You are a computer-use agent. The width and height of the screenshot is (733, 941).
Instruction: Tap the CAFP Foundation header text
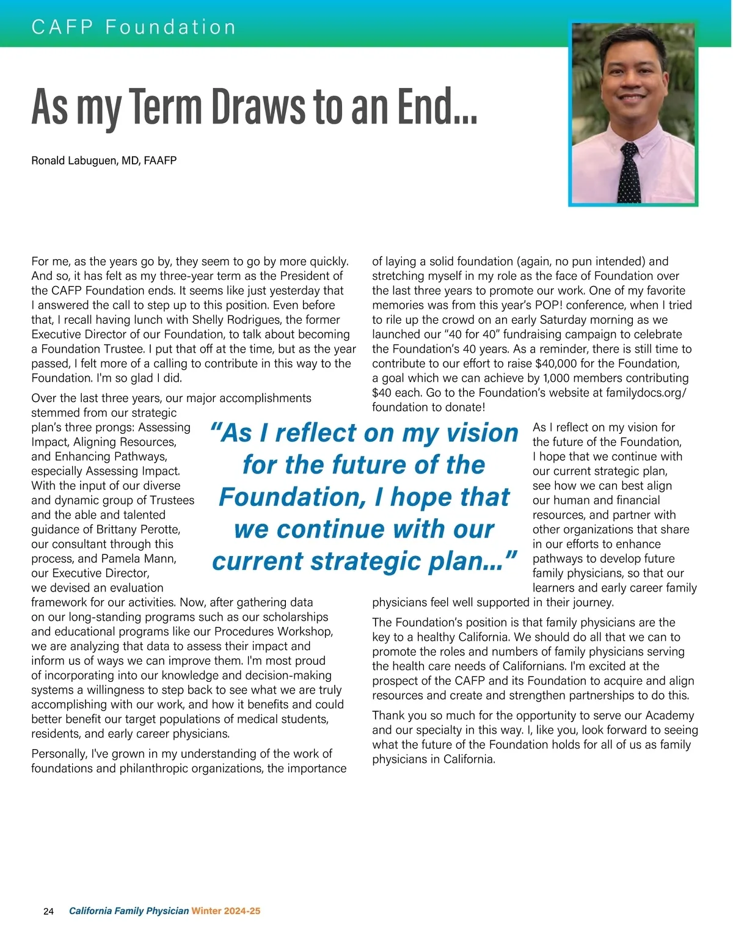pos(134,27)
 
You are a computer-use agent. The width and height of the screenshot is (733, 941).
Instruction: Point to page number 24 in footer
pos(49,911)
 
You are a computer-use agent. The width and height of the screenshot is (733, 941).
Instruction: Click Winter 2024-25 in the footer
pos(226,911)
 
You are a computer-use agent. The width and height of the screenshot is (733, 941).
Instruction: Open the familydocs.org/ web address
pos(646,393)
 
